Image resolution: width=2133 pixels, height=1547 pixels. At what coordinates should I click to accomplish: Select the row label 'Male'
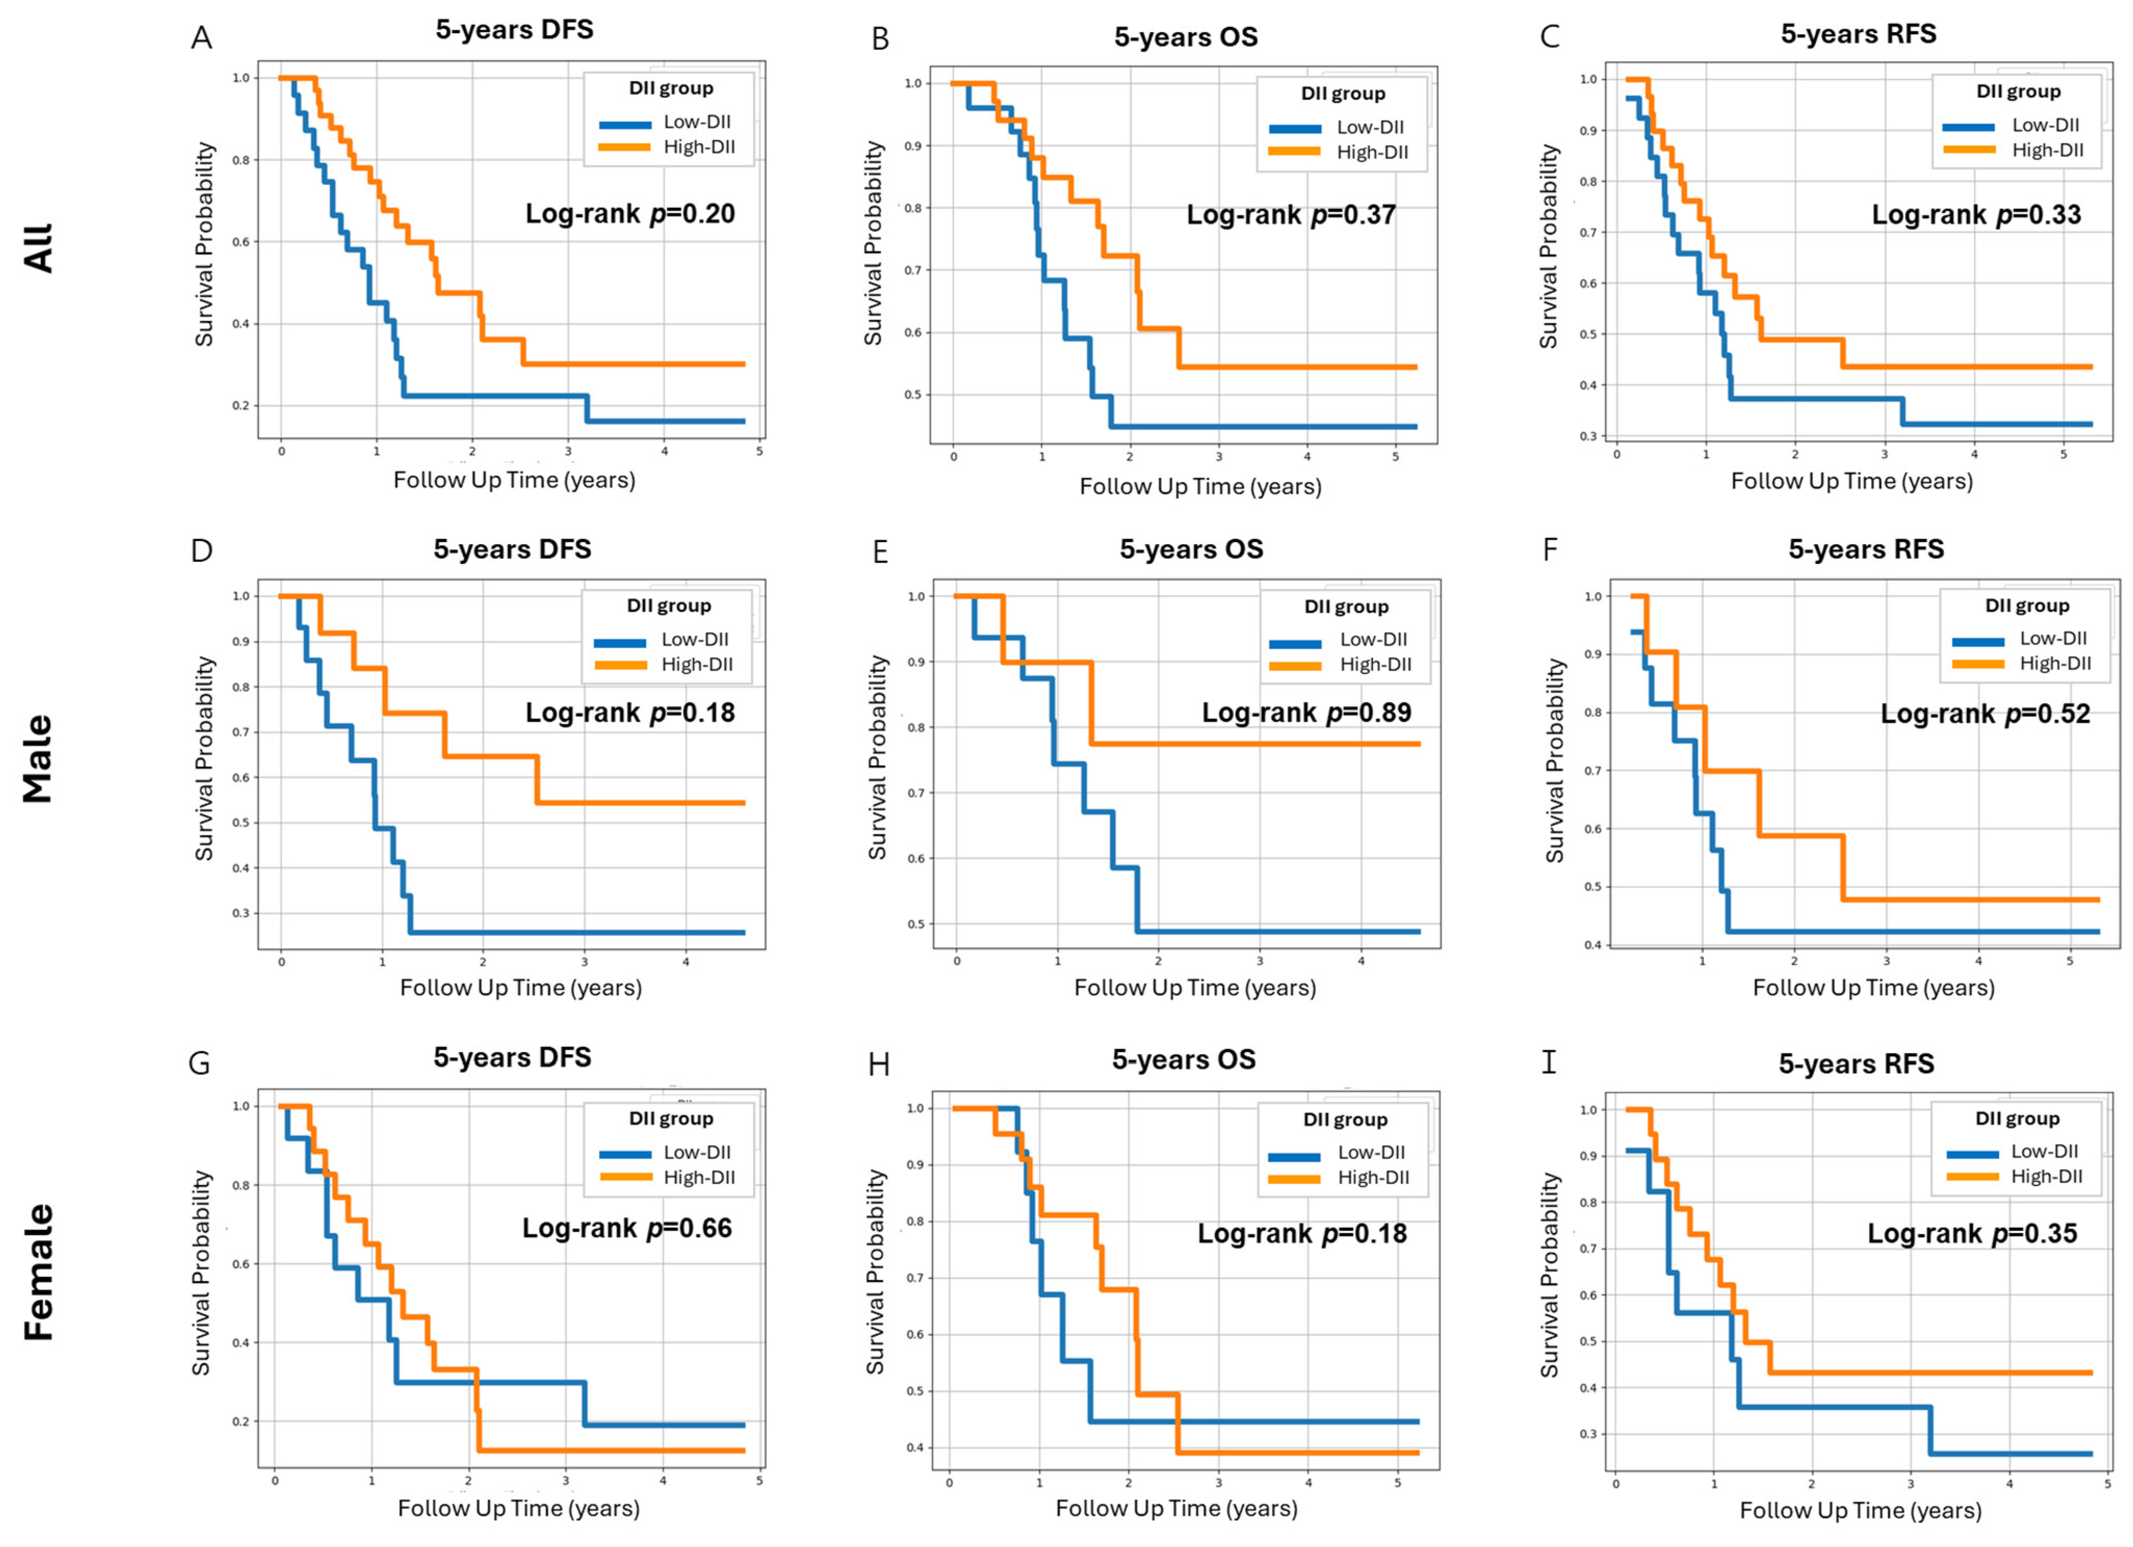pyautogui.click(x=37, y=759)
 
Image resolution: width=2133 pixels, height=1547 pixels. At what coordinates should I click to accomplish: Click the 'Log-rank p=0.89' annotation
pyautogui.click(x=1306, y=713)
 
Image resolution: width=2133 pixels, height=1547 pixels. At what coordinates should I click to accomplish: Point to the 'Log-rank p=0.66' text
pyautogui.click(x=627, y=1228)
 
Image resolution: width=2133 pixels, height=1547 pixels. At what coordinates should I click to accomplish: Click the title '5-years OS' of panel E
pyautogui.click(x=1191, y=549)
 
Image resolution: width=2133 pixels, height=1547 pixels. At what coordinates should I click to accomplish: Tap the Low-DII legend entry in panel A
pyautogui.click(x=666, y=122)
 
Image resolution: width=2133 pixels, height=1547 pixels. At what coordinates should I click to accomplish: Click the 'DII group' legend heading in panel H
pyautogui.click(x=1345, y=1120)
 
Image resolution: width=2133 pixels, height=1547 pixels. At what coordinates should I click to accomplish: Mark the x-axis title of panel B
pyautogui.click(x=1200, y=486)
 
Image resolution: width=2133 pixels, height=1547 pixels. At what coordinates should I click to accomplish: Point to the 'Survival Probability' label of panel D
pyautogui.click(x=204, y=758)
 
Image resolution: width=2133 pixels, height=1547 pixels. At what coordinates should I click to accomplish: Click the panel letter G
pyautogui.click(x=199, y=1064)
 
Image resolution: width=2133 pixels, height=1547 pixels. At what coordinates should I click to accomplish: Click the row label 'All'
pyautogui.click(x=37, y=248)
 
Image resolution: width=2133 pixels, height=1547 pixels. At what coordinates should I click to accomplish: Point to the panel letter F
pyautogui.click(x=1551, y=549)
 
